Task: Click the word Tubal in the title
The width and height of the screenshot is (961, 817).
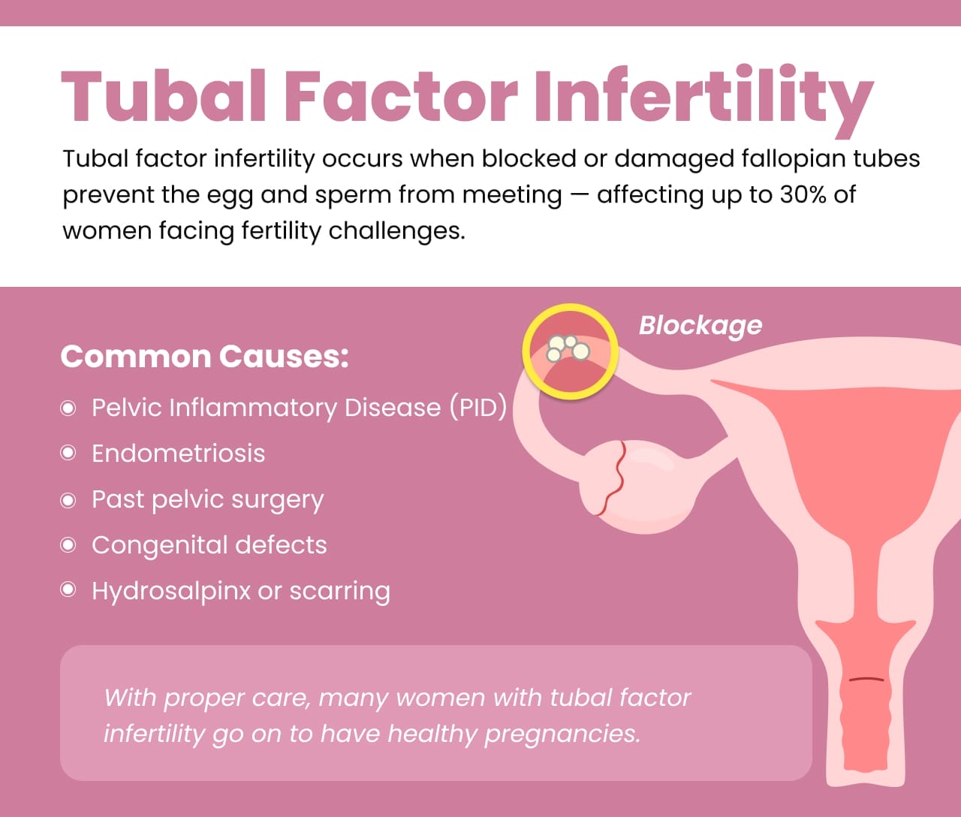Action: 164,96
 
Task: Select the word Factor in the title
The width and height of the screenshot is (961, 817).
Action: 400,96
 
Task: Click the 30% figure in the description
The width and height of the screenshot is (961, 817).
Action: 803,194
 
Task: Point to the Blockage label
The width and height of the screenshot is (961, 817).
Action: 700,325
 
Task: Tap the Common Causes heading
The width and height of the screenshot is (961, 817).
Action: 204,356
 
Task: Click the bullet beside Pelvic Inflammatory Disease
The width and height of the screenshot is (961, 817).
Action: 68,408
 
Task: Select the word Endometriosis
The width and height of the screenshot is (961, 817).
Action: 178,454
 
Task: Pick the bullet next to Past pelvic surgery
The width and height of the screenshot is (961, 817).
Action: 68,500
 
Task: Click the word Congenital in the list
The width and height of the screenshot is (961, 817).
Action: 159,545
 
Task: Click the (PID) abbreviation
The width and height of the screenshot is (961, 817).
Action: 478,408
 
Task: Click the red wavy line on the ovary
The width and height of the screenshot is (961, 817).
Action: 613,478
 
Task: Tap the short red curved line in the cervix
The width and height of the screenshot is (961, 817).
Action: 866,680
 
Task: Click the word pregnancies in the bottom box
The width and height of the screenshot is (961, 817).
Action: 562,734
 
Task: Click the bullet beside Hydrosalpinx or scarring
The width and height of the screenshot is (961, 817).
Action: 68,589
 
